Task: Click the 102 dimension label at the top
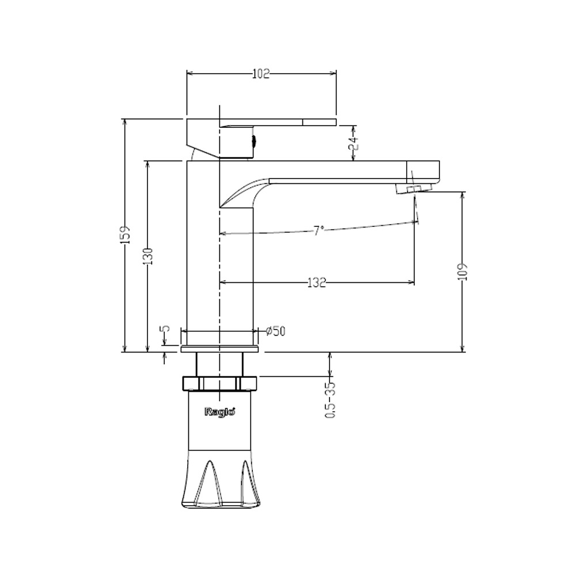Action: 261,74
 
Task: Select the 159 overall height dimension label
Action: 126,235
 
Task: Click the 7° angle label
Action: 319,231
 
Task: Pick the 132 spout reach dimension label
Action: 317,282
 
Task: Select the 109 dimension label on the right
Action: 463,271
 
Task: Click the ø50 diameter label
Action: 275,331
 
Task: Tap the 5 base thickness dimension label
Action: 166,328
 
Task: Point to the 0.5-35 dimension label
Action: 330,400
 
